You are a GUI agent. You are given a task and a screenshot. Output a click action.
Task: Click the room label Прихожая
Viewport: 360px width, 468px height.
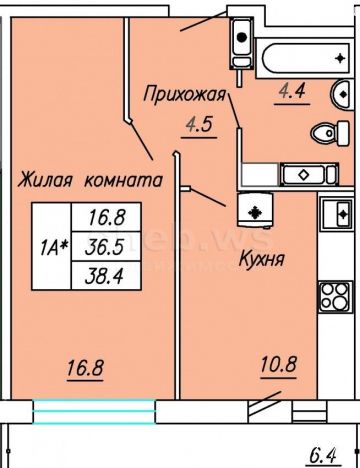184,95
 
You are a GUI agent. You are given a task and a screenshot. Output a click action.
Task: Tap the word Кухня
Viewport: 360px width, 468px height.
262,259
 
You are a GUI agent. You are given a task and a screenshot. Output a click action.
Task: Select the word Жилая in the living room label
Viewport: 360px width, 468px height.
45,180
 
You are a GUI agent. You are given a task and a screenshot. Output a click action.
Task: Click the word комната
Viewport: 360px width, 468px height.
124,180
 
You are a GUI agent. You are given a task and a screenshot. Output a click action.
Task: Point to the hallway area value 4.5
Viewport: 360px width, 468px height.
199,125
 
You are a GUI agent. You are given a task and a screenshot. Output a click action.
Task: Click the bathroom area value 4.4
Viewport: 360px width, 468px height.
292,91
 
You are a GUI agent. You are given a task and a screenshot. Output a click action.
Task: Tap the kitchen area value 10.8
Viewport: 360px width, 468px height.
279,364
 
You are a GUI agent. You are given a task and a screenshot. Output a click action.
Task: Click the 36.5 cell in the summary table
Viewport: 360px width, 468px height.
106,247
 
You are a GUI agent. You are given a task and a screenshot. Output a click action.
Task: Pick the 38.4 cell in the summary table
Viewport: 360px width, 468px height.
106,276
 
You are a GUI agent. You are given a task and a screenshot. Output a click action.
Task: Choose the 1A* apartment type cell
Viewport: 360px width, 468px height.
52,246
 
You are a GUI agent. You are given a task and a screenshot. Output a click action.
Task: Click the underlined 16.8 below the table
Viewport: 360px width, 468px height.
85,368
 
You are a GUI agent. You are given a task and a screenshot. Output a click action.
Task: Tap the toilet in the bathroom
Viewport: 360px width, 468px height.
330,133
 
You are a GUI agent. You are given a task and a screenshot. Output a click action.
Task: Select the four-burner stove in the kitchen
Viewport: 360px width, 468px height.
335,297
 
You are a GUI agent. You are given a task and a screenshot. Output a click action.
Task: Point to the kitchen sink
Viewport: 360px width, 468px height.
336,214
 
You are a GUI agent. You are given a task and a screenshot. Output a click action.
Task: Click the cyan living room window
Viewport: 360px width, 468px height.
94,411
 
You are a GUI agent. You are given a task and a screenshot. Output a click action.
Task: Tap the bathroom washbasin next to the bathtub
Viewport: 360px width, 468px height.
340,95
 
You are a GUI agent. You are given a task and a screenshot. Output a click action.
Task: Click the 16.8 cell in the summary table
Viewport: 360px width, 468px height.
106,217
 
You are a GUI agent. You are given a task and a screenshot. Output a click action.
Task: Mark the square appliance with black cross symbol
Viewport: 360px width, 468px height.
255,211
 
